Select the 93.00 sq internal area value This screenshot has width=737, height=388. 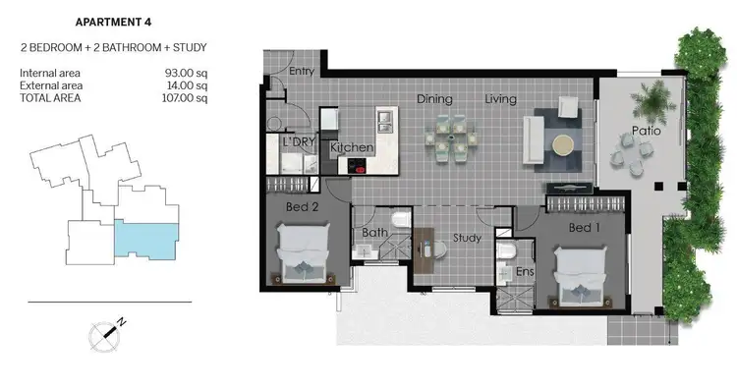pyautogui.click(x=187, y=73)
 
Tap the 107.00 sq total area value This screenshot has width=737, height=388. pyautogui.click(x=185, y=97)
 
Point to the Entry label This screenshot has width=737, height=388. pyautogui.click(x=302, y=71)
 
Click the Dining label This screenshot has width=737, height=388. pyautogui.click(x=434, y=98)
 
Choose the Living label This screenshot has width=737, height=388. pyautogui.click(x=501, y=98)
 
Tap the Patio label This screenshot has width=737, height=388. pyautogui.click(x=645, y=130)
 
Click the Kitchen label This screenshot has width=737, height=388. pyautogui.click(x=352, y=147)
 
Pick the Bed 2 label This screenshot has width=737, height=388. pyautogui.click(x=300, y=208)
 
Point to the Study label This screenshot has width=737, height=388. pyautogui.click(x=466, y=237)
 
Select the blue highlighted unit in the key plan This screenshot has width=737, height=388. pyautogui.click(x=146, y=239)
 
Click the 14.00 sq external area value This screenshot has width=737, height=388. pyautogui.click(x=187, y=84)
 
